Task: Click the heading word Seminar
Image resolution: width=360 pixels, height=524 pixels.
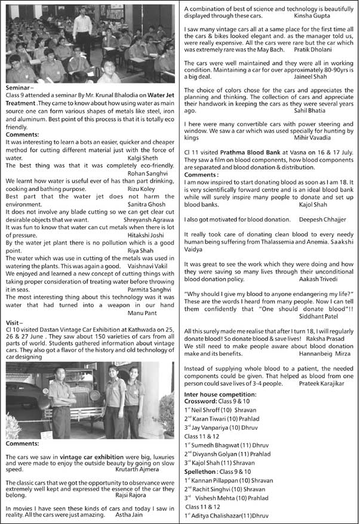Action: click(17, 87)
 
